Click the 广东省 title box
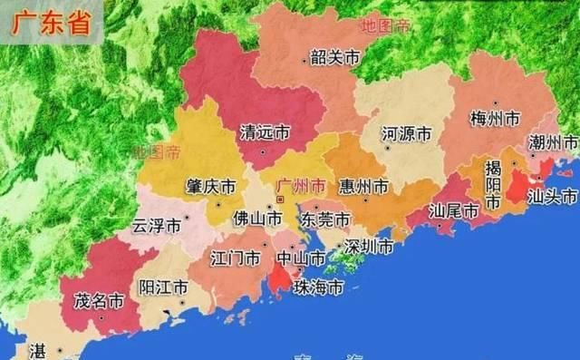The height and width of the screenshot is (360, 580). click(52, 24)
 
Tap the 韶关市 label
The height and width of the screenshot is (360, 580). click(334, 58)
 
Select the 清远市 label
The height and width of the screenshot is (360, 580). click(264, 132)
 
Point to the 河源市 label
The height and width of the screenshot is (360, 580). click(406, 134)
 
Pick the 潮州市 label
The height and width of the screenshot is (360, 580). click(553, 143)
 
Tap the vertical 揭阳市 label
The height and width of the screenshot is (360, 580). click(493, 185)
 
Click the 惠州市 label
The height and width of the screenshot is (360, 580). click(362, 187)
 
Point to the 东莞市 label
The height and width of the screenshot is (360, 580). click(325, 219)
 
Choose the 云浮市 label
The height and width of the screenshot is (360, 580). click(156, 225)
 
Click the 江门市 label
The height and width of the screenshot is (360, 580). click(235, 258)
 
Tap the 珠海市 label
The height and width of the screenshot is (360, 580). click(318, 288)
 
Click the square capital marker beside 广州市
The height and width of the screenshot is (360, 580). click(280, 198)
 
